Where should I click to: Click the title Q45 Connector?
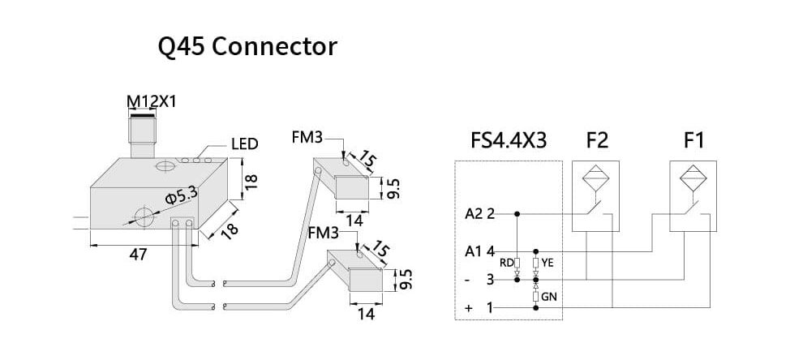pyautogui.click(x=247, y=47)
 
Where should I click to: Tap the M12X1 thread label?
pyautogui.click(x=151, y=101)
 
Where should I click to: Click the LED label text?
pyautogui.click(x=244, y=144)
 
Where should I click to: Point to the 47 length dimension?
pyautogui.click(x=138, y=255)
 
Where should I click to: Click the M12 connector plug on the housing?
pyautogui.click(x=143, y=134)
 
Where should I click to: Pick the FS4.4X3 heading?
pyautogui.click(x=508, y=140)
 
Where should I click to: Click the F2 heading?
pyautogui.click(x=597, y=140)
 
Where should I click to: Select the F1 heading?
pyautogui.click(x=693, y=140)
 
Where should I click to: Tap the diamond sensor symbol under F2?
pyautogui.click(x=597, y=177)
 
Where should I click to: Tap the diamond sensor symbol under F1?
pyautogui.click(x=694, y=177)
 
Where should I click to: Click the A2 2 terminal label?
pyautogui.click(x=479, y=214)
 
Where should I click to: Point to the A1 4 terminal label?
pyautogui.click(x=479, y=251)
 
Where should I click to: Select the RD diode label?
pyautogui.click(x=505, y=262)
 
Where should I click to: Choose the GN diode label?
pyautogui.click(x=547, y=297)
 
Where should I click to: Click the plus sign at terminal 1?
pyautogui.click(x=469, y=308)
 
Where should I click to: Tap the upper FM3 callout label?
pyautogui.click(x=307, y=139)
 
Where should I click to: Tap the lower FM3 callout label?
pyautogui.click(x=324, y=234)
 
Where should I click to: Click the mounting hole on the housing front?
pyautogui.click(x=144, y=217)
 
